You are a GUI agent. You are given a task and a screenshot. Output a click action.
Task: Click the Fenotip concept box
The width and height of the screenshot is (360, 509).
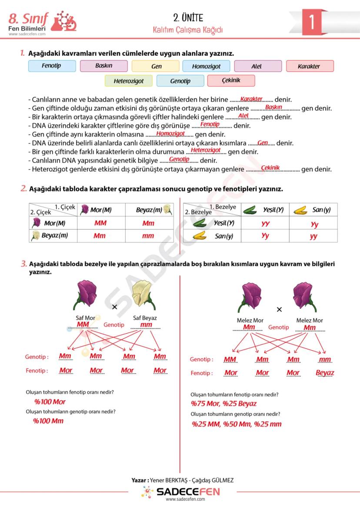coord(52,66)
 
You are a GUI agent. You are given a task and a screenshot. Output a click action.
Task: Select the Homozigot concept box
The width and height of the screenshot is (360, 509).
coord(206,67)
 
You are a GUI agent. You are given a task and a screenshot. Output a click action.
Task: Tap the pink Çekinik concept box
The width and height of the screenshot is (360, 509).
coord(231,80)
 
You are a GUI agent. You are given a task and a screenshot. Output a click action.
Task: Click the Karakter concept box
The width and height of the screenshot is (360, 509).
coord(309,67)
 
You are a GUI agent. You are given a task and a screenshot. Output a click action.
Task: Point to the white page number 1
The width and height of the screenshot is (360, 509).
coord(311,22)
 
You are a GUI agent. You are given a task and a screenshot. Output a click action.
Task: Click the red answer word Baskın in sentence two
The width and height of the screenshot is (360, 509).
coord(273,107)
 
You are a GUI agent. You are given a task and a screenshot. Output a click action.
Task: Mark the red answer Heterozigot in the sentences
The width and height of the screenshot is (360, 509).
coord(206,150)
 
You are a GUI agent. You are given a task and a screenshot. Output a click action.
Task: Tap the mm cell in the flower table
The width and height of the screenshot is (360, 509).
coord(148,236)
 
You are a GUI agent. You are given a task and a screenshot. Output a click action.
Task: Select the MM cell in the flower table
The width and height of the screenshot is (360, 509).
coord(100,223)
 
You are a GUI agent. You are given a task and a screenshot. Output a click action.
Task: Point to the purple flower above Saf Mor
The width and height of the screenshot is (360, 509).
coord(87,293)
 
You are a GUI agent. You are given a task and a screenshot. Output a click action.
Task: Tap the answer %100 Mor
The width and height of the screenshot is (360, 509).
coord(50,402)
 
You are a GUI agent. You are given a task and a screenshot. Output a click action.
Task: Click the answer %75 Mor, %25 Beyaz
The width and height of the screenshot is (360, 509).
coord(224,404)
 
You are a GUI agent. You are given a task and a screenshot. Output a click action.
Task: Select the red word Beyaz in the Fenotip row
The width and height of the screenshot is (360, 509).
coord(325,373)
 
